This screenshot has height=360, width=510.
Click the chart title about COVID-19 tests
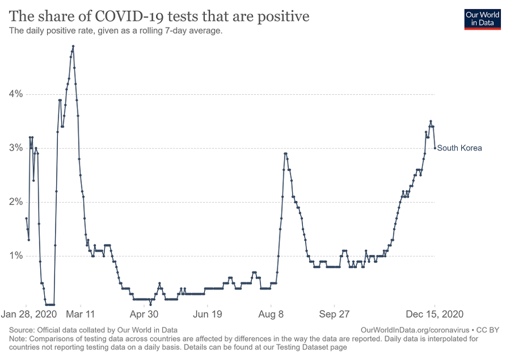(159, 16)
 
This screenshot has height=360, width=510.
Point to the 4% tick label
(15, 94)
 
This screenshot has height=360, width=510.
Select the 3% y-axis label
(15, 148)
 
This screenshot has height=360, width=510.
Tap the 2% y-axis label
(15, 202)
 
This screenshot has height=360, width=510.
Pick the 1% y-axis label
(15, 256)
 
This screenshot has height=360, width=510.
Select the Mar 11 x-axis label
(81, 315)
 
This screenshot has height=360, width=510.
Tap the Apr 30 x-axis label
(144, 315)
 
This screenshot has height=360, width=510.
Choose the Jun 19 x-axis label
(208, 315)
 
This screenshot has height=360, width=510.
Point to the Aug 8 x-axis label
(271, 315)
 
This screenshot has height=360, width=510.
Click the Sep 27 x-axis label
(334, 315)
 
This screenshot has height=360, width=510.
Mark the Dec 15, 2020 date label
(434, 315)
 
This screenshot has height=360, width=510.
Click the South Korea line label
(460, 148)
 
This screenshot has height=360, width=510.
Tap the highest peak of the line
(73, 46)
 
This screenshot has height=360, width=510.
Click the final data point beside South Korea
(435, 148)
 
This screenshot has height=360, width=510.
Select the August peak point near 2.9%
(285, 153)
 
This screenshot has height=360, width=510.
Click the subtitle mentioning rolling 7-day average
(115, 31)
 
